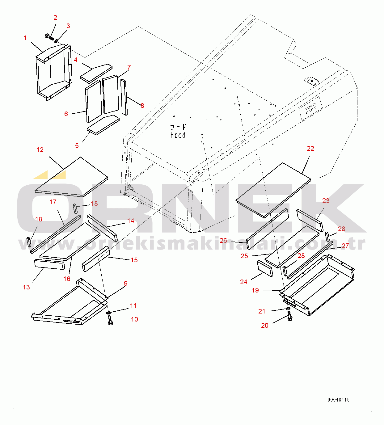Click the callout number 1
25,38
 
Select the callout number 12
40,150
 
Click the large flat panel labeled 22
273,190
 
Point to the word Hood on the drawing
178,135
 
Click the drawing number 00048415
339,400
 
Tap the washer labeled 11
109,313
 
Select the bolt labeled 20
289,316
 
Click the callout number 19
255,290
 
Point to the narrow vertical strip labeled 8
124,97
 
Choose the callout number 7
129,67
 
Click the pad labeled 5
103,125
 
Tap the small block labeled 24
265,268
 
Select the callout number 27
345,246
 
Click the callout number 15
134,260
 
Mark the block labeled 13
49,264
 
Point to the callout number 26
223,240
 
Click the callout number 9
126,284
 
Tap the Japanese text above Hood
178,127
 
